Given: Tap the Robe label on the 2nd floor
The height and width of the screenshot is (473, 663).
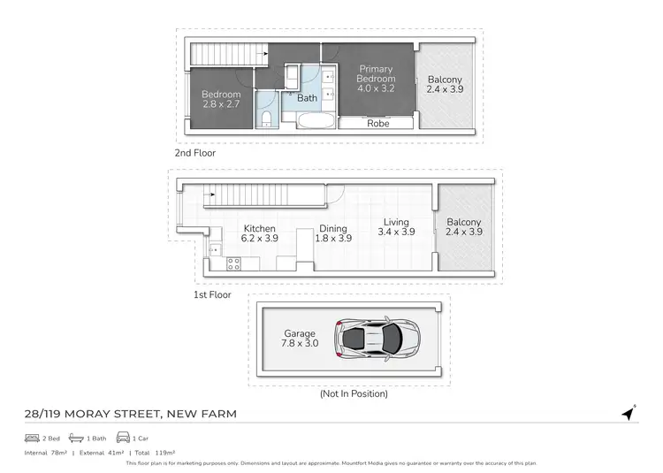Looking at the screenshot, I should (378, 124).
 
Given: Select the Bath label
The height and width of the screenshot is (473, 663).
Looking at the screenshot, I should (307, 98).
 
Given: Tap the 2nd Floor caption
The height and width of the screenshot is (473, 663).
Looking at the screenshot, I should (195, 153).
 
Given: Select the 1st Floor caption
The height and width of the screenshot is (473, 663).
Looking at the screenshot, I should (212, 294).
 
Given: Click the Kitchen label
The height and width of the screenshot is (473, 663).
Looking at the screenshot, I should (260, 228).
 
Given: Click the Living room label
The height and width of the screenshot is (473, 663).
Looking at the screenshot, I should (396, 223).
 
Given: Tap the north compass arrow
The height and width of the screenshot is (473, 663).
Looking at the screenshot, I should (629, 413).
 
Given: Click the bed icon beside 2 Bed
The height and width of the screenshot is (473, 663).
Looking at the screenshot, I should (32, 438).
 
